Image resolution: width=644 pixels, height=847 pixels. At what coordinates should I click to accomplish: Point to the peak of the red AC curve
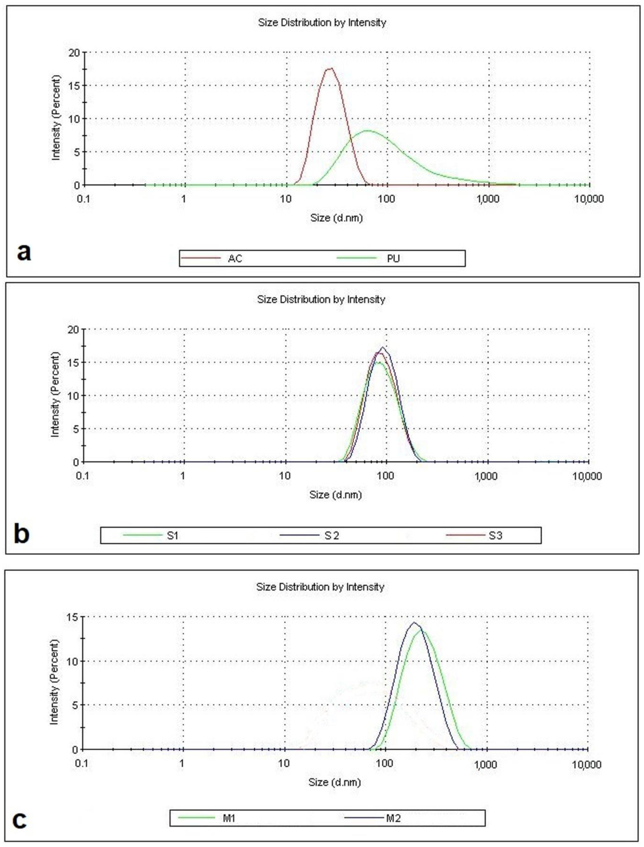(x=330, y=69)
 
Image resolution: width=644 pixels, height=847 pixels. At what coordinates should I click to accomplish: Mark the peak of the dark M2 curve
(x=414, y=623)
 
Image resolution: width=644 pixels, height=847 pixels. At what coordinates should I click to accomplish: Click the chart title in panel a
(x=322, y=23)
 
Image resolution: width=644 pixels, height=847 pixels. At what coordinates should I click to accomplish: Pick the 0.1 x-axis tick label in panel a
(x=84, y=199)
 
